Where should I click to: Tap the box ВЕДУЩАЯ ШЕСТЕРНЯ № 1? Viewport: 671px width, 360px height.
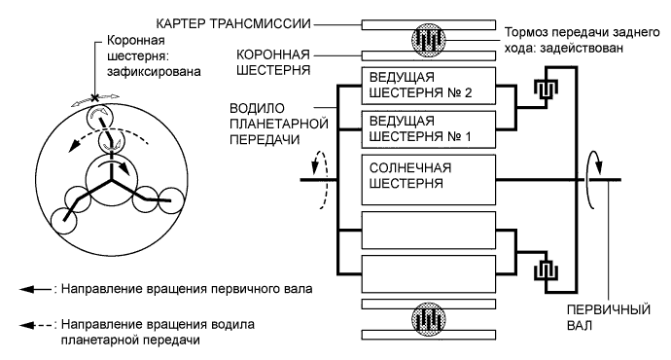[x=425, y=128]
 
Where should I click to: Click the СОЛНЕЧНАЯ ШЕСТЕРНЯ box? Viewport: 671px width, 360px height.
[x=425, y=178]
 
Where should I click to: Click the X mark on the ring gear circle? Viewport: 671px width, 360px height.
[x=95, y=97]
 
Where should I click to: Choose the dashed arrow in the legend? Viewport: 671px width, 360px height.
[x=36, y=323]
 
